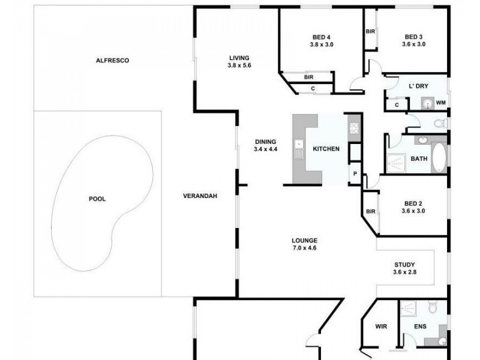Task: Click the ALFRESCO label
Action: [113, 61]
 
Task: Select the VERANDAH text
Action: [199, 196]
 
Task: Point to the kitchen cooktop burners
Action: [354, 127]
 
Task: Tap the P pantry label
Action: [355, 175]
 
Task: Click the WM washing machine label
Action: [440, 103]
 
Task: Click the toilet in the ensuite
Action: [433, 309]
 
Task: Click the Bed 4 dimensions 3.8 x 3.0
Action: [320, 44]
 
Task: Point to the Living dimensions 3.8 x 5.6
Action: [238, 66]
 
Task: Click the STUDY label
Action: [404, 265]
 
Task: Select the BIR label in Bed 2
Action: [370, 211]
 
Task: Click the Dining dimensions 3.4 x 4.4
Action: [265, 149]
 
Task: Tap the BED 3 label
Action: [413, 36]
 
